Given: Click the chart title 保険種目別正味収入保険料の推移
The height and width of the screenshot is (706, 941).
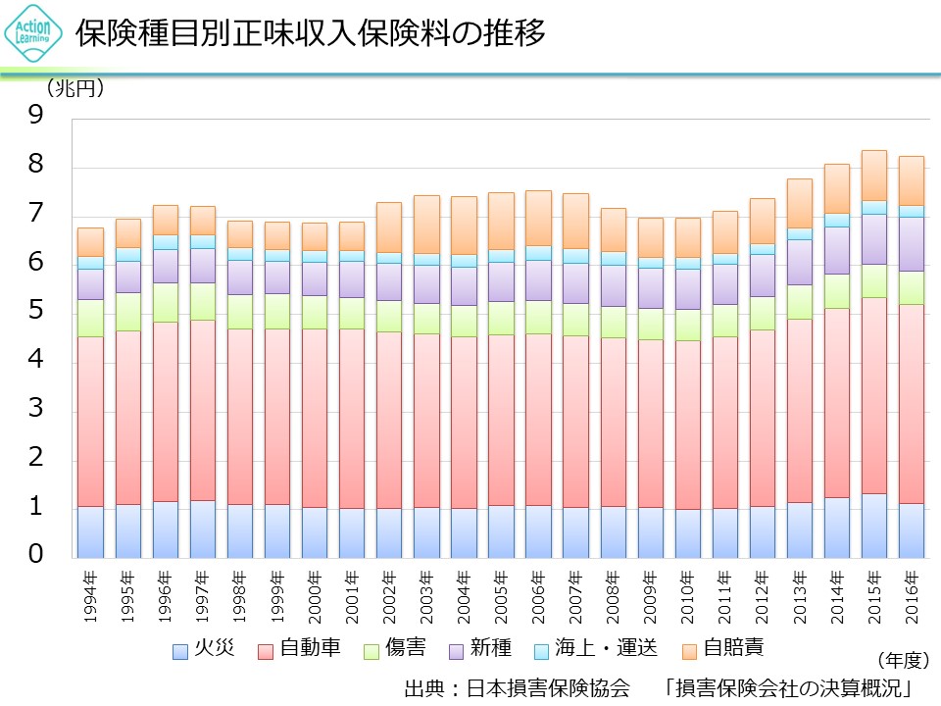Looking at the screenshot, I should (311, 32).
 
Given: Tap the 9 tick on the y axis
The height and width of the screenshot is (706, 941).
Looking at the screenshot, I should (36, 117).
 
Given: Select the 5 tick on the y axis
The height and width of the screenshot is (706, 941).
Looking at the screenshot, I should (36, 312).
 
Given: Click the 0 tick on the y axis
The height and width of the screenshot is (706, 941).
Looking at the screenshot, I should (36, 556).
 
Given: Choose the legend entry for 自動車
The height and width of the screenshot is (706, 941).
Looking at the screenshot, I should (300, 649).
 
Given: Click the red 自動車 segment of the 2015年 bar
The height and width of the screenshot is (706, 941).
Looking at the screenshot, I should (874, 392).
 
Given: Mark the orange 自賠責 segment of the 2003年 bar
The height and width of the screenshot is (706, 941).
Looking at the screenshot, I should (426, 224).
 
